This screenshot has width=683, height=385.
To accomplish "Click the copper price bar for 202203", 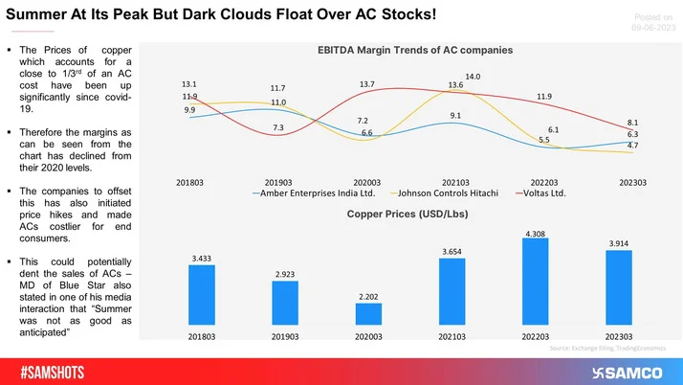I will (536, 283).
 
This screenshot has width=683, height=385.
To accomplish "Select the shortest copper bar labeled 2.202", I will (369, 315).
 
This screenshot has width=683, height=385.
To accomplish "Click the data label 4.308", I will (536, 233).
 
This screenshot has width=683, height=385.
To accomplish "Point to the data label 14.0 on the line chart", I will (474, 76).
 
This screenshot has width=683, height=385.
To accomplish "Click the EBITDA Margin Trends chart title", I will (414, 48).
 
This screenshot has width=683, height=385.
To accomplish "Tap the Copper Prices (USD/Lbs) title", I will (413, 217).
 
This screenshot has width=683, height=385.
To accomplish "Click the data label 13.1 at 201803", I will (189, 82).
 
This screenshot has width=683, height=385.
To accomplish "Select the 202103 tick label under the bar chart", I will (452, 338).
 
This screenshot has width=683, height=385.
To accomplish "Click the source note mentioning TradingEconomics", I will (611, 351).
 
